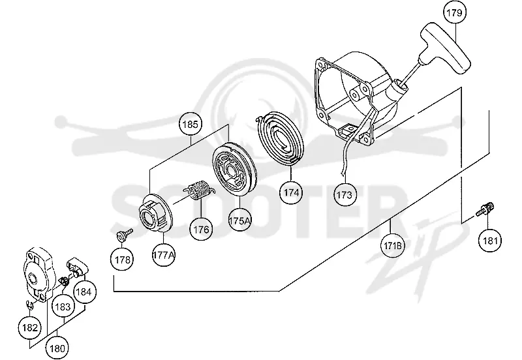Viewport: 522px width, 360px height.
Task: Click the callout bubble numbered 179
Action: tap(454, 12)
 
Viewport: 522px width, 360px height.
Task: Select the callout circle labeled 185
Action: tap(191, 125)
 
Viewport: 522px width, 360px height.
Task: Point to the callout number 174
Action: tap(291, 192)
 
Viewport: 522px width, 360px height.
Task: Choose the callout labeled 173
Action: tap(345, 194)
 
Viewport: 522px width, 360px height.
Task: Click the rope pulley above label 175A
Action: tap(235, 169)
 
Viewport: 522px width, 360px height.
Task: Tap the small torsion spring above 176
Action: tap(199, 190)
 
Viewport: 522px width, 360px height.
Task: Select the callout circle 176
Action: tap(202, 230)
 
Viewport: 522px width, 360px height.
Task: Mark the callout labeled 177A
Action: tap(164, 255)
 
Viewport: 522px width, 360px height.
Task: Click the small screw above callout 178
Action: tap(125, 234)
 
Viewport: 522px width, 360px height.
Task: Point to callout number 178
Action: tap(123, 260)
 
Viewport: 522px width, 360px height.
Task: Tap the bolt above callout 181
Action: tap(485, 209)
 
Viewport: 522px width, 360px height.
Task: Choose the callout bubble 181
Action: tap(490, 240)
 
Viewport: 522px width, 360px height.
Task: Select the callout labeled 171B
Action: tap(393, 246)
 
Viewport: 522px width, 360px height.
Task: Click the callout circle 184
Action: tap(84, 292)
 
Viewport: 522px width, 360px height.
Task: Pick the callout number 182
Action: tap(30, 328)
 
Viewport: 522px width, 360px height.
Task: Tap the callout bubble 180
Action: tap(57, 348)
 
